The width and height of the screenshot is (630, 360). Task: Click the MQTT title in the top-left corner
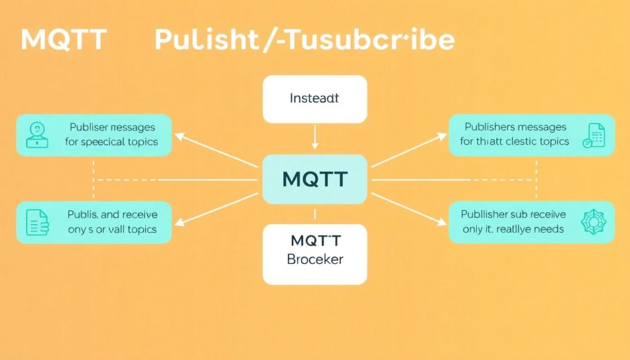(63, 41)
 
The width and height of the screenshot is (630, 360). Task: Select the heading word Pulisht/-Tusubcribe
(304, 41)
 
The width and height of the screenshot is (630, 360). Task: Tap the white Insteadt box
(314, 98)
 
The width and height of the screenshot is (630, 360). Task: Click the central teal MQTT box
(314, 180)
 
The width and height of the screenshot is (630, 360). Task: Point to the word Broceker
(314, 259)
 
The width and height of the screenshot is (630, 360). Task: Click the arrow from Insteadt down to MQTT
(314, 137)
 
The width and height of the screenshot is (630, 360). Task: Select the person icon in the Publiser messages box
(38, 134)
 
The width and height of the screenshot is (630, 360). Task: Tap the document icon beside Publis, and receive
(37, 222)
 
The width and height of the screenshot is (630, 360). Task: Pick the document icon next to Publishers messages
(595, 134)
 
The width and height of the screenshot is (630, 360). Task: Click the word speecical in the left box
(108, 142)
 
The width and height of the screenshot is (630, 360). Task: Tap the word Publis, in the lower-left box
(82, 215)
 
